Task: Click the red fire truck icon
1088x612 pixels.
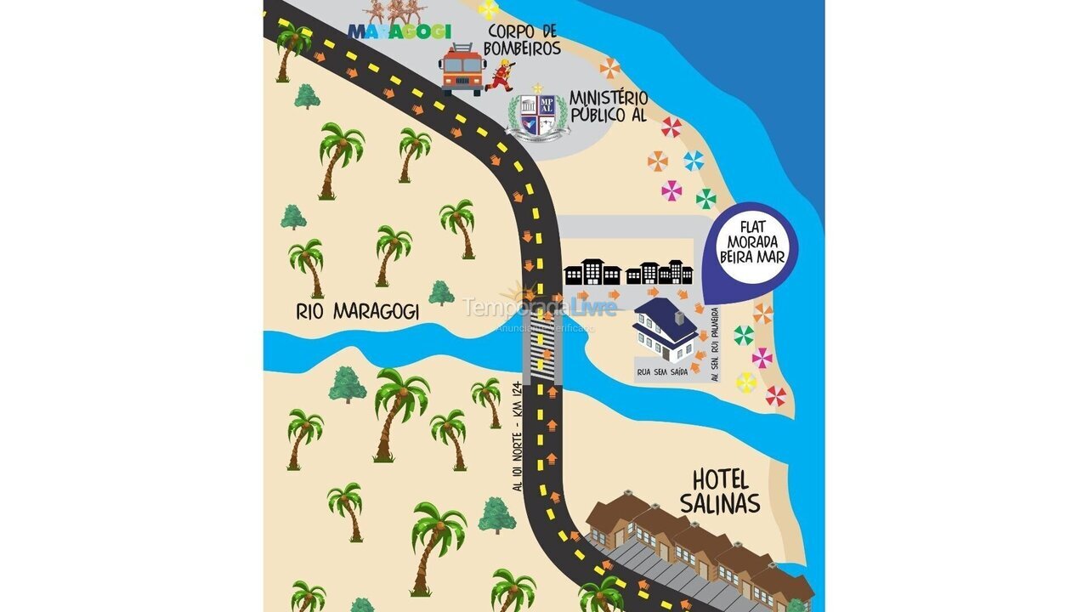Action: [462, 70]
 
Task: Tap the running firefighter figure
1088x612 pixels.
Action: [501, 75]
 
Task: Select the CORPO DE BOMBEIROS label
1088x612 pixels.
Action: [524, 39]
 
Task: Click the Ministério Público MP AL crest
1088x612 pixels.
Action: [537, 114]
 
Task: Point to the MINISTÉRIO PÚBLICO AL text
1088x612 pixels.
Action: [609, 107]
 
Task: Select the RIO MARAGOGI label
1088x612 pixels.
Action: [358, 312]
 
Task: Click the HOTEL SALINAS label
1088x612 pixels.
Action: [725, 490]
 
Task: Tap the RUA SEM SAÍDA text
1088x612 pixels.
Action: [662, 371]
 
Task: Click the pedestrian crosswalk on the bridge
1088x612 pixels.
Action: [542, 353]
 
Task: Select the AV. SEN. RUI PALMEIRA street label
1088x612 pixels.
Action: [715, 344]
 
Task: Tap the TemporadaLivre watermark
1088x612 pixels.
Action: [539, 308]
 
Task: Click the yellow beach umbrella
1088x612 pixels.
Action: [746, 382]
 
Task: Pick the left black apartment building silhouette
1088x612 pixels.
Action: [592, 273]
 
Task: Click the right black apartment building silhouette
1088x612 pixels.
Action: [660, 273]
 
